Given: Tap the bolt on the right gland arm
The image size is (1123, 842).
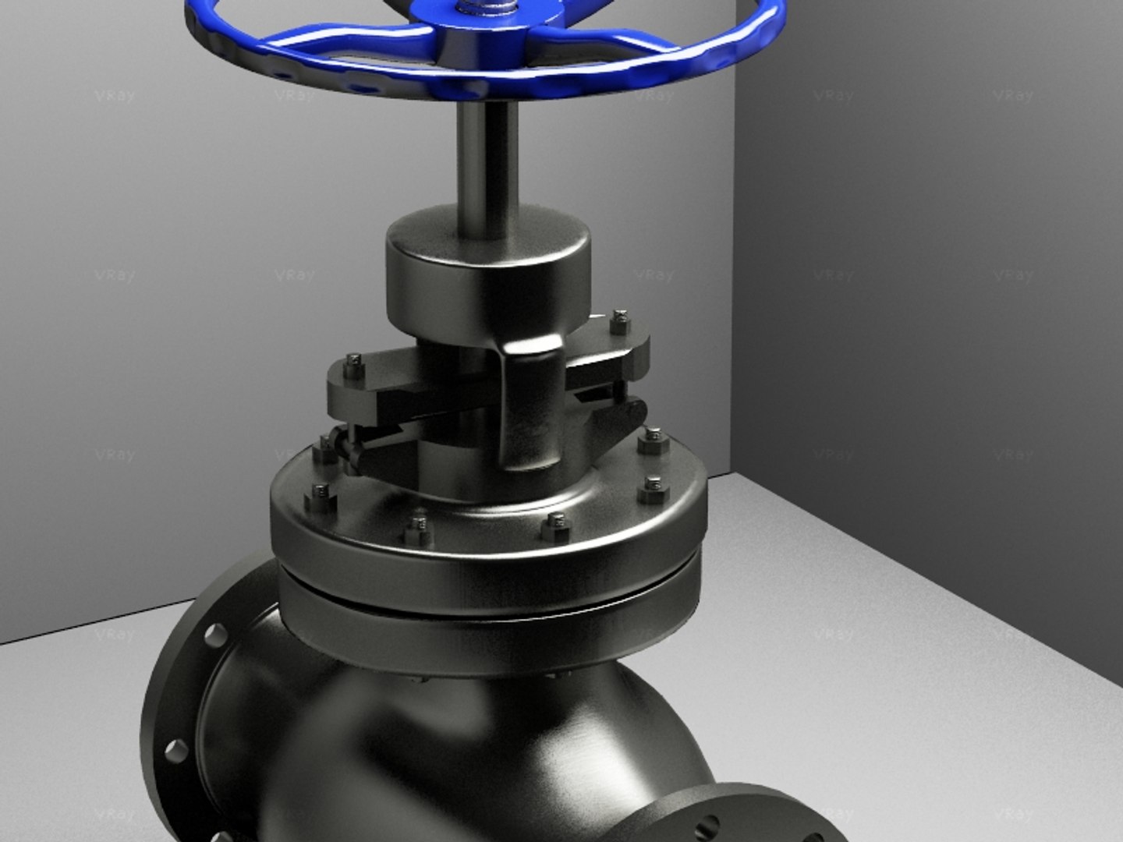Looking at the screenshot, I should pos(620,319).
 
